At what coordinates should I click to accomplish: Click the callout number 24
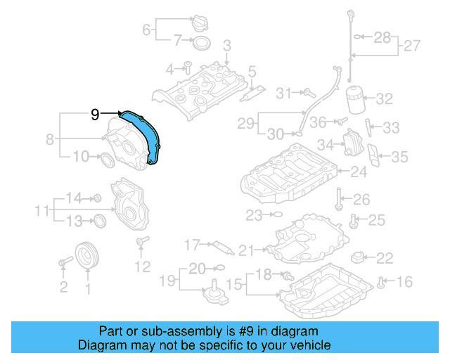[x=359, y=171]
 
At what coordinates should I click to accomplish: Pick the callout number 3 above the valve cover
[x=226, y=46]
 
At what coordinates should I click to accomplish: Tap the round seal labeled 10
[x=107, y=160]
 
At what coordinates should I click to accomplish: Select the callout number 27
[x=412, y=46]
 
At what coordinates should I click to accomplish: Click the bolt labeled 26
[x=339, y=198]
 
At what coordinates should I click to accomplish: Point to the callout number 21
[x=245, y=250]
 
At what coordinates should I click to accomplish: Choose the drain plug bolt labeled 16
[x=380, y=283]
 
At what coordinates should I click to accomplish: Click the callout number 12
[x=143, y=266]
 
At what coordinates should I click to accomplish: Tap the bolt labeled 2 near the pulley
[x=63, y=263]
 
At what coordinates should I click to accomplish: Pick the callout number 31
[x=283, y=93]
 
